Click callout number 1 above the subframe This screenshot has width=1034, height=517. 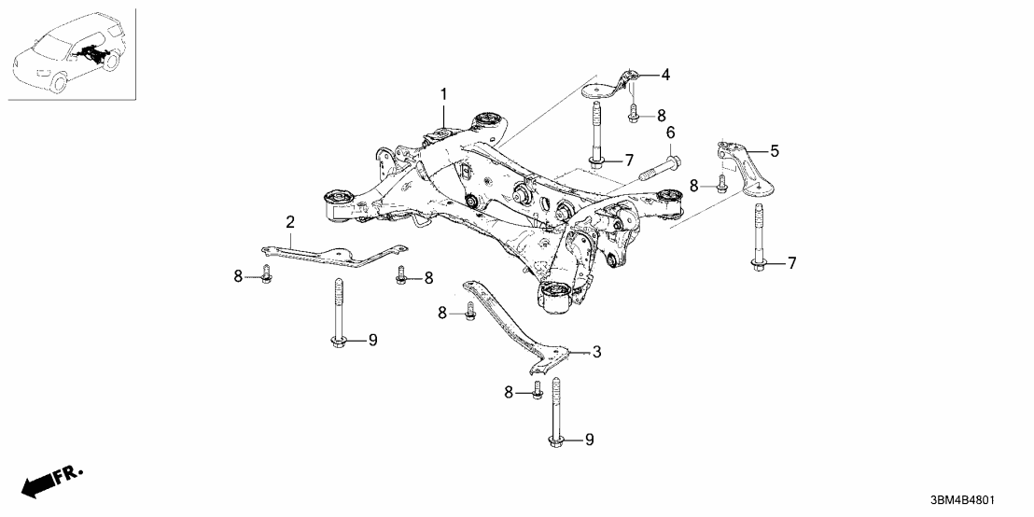click(444, 94)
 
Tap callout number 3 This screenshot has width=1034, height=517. click(596, 352)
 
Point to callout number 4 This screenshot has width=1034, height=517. click(665, 74)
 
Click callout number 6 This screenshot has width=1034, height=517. click(670, 134)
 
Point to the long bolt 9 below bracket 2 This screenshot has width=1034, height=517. click(339, 313)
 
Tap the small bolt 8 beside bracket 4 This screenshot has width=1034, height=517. click(634, 113)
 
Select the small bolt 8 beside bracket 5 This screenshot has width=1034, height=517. click(721, 184)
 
